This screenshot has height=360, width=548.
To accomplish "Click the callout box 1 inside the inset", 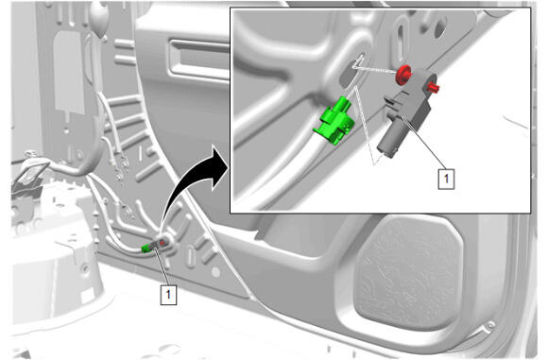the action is pos(446,179).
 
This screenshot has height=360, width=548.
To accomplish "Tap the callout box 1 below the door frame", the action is pos(168,295).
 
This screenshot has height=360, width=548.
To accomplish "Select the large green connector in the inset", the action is pos(334,121).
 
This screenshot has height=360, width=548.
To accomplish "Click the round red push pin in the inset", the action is pos(403,74).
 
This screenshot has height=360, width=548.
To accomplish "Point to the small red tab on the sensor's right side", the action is pos(434,87).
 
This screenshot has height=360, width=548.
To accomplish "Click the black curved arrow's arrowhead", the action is pos(219,169).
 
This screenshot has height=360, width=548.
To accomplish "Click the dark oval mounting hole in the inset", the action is pos(349,74).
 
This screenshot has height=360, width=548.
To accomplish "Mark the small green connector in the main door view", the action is pos(146,249).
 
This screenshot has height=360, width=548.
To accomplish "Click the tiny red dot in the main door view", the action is pos(163,242).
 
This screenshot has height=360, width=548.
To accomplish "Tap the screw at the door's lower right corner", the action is pos(491,325).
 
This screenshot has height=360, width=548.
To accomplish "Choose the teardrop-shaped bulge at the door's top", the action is pos(99,17).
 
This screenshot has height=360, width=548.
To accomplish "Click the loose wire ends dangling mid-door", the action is pos(119,164).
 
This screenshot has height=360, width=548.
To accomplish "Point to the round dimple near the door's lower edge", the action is pos(216,272).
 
